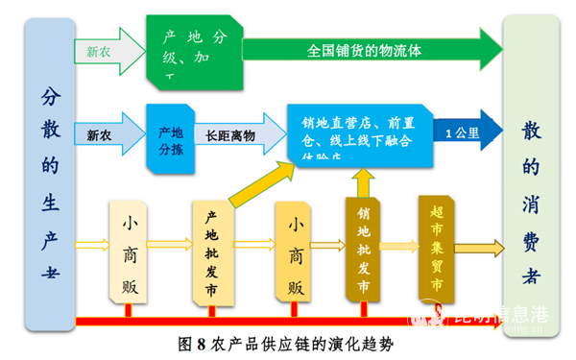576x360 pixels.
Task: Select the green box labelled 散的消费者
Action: click(x=531, y=182)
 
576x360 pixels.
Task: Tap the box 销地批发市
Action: click(x=363, y=250)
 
